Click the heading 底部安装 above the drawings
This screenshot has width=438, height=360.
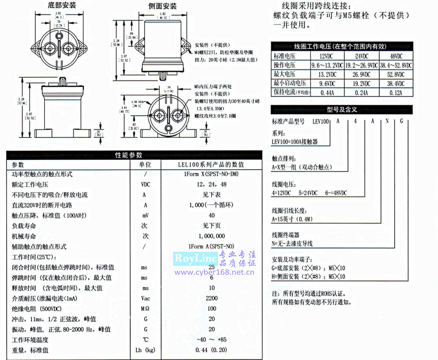coord(61,5)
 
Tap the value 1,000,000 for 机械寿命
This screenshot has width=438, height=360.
coord(211,236)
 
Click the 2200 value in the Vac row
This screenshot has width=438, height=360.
coord(211,298)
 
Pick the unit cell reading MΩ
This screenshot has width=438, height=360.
coord(145,308)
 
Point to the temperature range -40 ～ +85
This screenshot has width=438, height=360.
coord(211,340)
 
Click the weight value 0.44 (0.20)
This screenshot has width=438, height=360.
coord(211,350)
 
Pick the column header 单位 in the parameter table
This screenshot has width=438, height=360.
coord(145,164)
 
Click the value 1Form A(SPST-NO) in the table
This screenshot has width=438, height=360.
coord(211,246)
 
